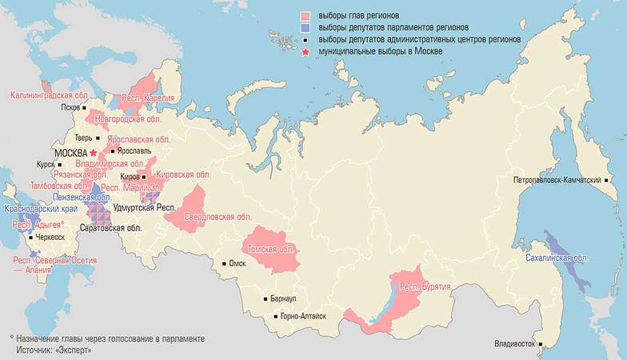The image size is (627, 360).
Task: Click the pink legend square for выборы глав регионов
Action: (305, 16)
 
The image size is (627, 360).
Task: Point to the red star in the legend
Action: (305, 51)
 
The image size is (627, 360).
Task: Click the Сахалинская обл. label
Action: (557, 259)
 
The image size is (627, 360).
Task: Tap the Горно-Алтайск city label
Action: (303, 317)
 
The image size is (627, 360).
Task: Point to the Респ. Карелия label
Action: (148, 98)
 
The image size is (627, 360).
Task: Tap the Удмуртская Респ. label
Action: (144, 207)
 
